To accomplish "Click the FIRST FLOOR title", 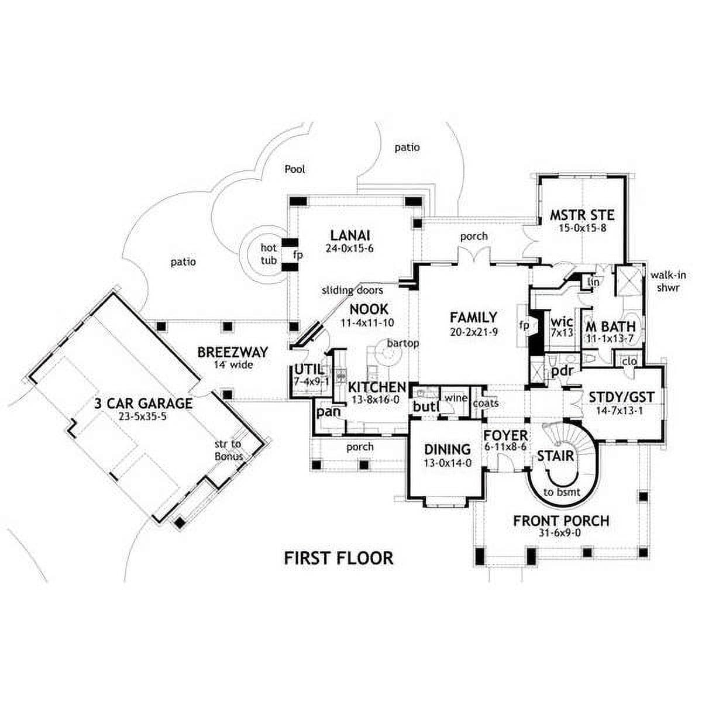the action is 339,558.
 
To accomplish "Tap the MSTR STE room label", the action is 581,215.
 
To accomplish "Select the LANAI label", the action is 350,235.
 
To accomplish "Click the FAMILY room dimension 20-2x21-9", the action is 473,332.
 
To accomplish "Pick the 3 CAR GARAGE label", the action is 143,403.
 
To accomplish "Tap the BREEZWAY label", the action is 233,352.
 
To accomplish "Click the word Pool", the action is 295,170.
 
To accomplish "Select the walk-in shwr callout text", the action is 668,281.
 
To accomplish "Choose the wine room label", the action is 456,398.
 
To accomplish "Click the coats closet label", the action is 486,403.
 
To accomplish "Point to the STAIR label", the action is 556,456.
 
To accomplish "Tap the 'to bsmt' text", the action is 562,492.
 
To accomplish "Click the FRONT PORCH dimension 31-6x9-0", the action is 560,532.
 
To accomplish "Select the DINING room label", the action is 448,449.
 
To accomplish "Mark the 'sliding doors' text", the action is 352,290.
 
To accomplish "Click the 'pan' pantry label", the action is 328,412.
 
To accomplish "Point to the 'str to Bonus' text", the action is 229,450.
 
